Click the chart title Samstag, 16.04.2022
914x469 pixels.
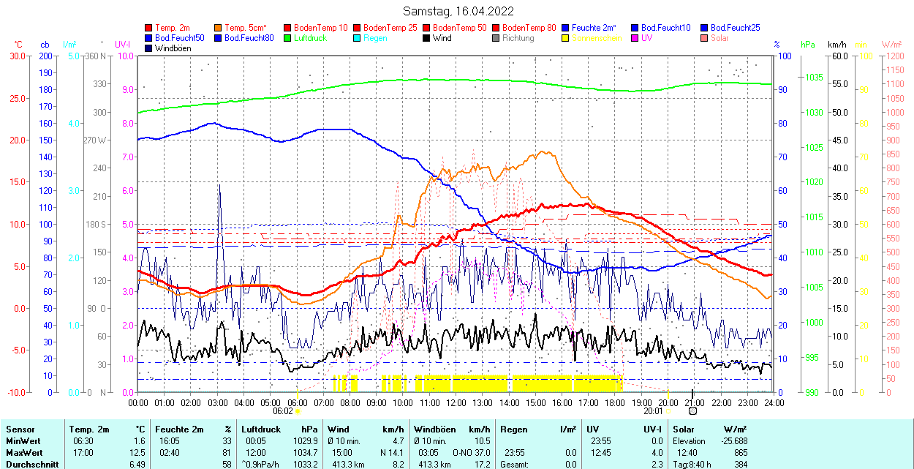coord(458,11)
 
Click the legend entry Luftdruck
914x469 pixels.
coord(310,38)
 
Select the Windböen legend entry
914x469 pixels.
coord(173,48)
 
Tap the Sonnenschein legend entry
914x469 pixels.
coord(597,38)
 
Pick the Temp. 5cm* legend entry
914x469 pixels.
coord(245,28)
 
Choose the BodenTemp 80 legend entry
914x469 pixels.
coord(530,28)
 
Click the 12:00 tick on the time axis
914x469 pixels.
coord(456,402)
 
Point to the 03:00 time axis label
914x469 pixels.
coord(217,402)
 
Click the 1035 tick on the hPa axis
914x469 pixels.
coord(813,77)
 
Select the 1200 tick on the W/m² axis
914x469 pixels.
coord(894,56)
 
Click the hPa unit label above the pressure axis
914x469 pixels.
coord(807,45)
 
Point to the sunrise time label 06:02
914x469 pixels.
coord(283,411)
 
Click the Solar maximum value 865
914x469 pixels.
coord(740,452)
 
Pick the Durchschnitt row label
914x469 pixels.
coord(30,464)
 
